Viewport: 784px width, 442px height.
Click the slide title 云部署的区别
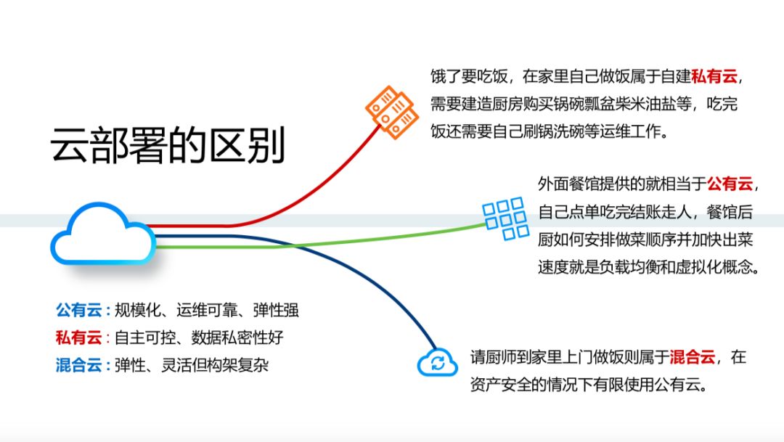tap(168, 146)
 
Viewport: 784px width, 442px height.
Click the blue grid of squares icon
tap(505, 218)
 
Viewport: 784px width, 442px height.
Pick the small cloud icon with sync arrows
tap(437, 361)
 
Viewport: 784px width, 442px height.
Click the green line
tap(327, 242)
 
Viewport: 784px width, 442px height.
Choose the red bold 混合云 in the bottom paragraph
tap(693, 357)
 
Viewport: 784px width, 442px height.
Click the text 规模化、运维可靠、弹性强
tap(207, 311)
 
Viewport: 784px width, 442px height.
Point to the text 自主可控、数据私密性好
tap(199, 337)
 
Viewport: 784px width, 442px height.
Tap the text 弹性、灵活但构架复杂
tap(192, 365)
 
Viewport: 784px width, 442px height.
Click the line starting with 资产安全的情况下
tap(588, 385)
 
